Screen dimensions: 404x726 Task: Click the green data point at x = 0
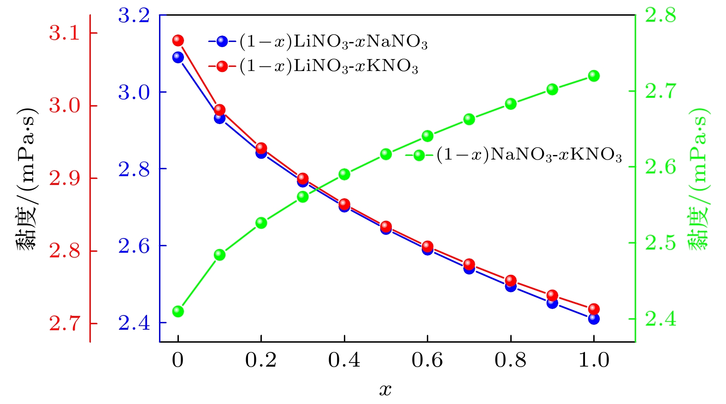tap(178, 311)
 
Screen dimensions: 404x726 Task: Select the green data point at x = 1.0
tap(594, 76)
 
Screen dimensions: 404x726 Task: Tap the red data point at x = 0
tap(178, 41)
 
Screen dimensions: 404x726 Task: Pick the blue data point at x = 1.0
tap(594, 319)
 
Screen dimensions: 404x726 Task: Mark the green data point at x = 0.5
tap(386, 154)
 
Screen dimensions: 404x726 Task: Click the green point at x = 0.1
tap(220, 255)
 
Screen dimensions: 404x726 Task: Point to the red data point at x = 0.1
tap(220, 110)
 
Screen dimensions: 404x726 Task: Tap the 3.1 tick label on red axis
tap(64, 33)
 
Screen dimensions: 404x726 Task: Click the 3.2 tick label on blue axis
tap(134, 15)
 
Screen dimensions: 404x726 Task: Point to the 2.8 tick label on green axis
tap(661, 15)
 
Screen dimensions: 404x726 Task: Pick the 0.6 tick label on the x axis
tap(427, 360)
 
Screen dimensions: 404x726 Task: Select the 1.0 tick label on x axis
tap(594, 360)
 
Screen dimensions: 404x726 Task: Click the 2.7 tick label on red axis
tap(64, 324)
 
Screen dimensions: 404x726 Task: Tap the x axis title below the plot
tap(385, 390)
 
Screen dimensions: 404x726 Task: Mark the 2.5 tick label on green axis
tap(661, 243)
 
